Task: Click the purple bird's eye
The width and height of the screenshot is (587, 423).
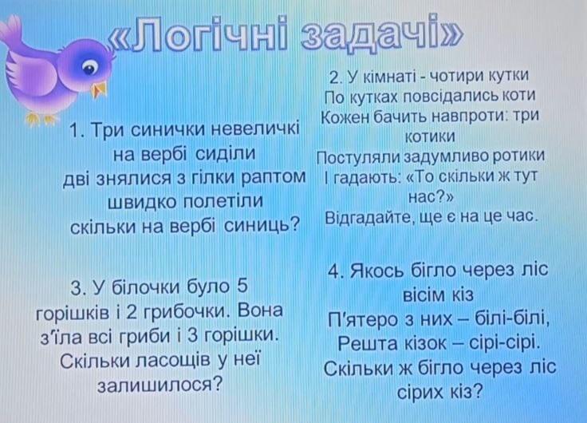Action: (x=89, y=68)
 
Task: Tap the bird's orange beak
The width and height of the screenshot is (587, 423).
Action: (x=100, y=89)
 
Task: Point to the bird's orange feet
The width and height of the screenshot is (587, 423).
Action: (x=41, y=119)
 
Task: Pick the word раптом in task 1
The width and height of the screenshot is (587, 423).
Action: (x=274, y=178)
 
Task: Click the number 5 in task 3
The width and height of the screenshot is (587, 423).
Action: (x=242, y=286)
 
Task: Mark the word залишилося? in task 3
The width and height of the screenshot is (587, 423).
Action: (x=160, y=384)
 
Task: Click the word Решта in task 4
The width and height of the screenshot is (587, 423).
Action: (x=367, y=343)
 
